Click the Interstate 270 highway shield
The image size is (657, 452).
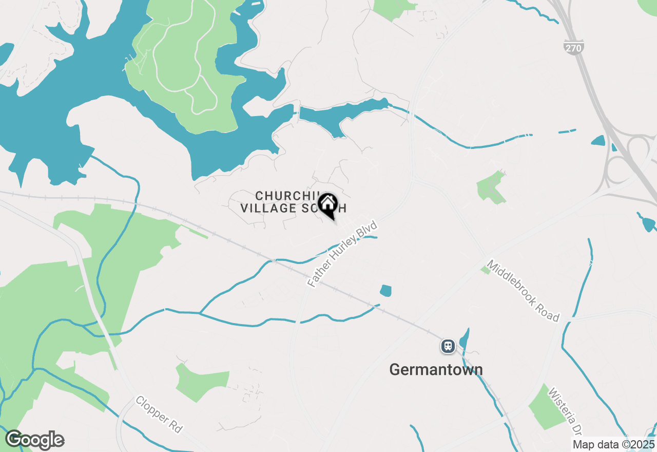pyautogui.click(x=573, y=47)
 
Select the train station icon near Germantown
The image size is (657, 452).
pyautogui.click(x=448, y=346)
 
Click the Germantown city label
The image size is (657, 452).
pyautogui.click(x=436, y=369)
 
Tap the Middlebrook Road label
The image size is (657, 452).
pyautogui.click(x=523, y=291)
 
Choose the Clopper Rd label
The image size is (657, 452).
pyautogui.click(x=159, y=414)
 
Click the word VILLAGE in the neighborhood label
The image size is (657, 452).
pyautogui.click(x=268, y=208)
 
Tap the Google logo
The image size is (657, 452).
pyautogui.click(x=34, y=440)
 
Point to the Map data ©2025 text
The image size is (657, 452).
pyautogui.click(x=614, y=444)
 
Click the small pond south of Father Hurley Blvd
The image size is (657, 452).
pyautogui.click(x=386, y=291)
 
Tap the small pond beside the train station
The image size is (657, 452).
pyautogui.click(x=464, y=339)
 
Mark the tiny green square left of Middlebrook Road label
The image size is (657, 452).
pyautogui.click(x=485, y=270)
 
